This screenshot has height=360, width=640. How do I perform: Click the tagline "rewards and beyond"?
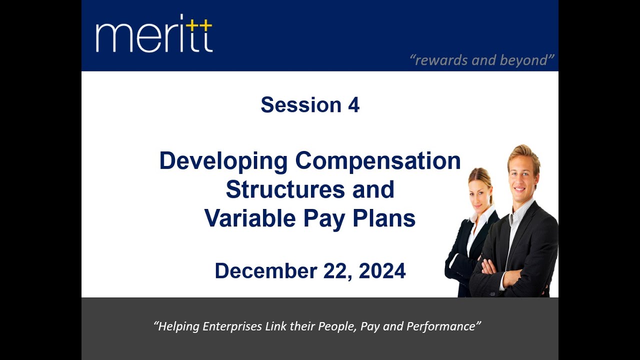click(482, 60)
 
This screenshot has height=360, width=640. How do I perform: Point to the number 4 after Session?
click(353, 105)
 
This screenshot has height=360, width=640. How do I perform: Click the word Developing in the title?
click(223, 161)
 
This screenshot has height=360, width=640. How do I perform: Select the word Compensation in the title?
click(378, 161)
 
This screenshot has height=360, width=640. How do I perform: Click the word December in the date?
click(265, 271)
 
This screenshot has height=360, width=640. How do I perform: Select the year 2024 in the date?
click(382, 271)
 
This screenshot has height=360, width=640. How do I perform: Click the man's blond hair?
click(522, 152)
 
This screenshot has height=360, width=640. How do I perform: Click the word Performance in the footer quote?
click(442, 326)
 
